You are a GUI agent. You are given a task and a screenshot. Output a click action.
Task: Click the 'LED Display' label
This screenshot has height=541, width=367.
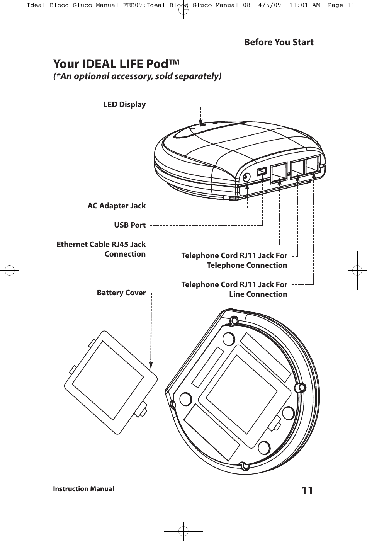click(124, 105)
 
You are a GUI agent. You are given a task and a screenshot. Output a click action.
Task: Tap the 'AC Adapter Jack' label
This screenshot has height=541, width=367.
click(117, 206)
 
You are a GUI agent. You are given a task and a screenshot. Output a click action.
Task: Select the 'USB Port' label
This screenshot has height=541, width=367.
click(130, 225)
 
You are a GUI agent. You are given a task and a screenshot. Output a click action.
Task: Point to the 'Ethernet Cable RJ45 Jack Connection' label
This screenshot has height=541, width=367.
click(101, 249)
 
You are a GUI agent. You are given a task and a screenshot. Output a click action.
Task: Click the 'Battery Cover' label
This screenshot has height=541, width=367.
click(121, 293)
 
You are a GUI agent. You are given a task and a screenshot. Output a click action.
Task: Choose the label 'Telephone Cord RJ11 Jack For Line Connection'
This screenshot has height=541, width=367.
click(234, 289)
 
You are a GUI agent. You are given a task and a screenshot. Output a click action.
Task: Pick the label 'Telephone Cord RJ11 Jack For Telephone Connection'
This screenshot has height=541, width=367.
click(234, 260)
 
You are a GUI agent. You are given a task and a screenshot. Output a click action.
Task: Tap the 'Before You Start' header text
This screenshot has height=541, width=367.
click(279, 42)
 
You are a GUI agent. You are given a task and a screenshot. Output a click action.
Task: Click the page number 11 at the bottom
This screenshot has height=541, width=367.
click(307, 490)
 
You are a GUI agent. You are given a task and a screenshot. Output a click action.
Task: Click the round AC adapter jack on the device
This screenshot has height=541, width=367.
click(246, 177)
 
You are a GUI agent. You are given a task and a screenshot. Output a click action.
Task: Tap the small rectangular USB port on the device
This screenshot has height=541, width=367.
click(262, 171)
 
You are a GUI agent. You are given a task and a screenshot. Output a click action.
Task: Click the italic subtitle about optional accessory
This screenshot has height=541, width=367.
click(137, 76)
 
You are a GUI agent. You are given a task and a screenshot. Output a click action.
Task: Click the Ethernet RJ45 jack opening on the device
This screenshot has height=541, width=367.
click(278, 172)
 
